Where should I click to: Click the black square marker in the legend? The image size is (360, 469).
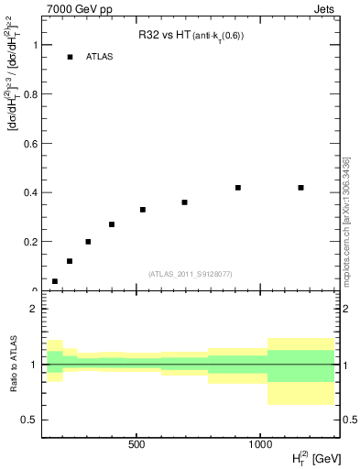pos(70,57)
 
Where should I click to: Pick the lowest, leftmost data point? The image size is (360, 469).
pos(55,281)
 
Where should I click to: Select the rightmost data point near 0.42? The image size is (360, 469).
pos(300,188)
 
